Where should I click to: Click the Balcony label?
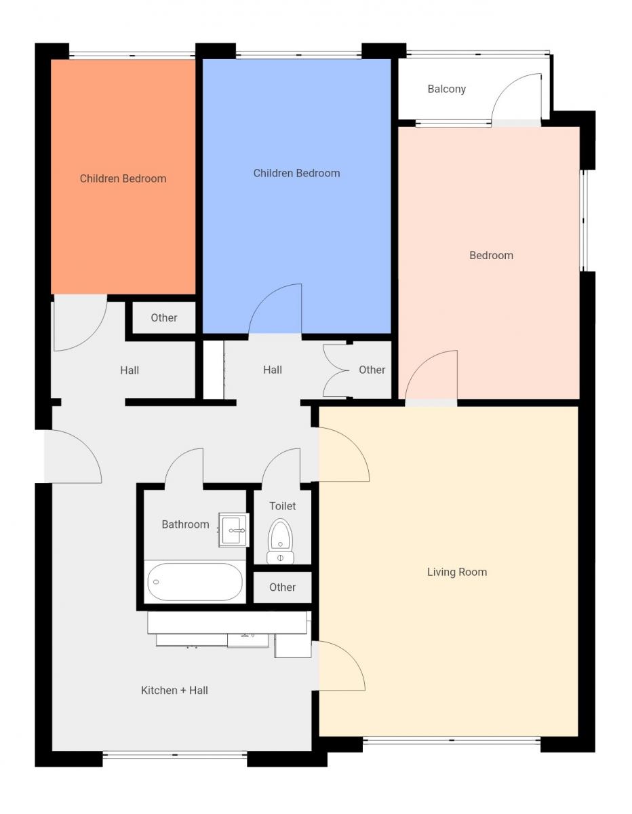tap(447, 89)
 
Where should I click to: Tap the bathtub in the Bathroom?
tap(195, 582)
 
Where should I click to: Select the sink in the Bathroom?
tap(234, 530)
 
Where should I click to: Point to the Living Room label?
tap(457, 572)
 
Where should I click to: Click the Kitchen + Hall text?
tap(174, 691)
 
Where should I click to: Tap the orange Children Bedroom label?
tap(123, 178)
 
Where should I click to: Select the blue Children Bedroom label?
tap(296, 173)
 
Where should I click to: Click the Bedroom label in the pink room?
tap(491, 256)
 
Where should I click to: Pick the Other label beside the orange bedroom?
tap(164, 317)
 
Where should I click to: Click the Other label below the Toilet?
tap(282, 587)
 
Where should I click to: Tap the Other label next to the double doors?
tap(372, 370)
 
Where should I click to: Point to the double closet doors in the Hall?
tap(336, 370)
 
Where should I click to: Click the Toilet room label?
tap(282, 506)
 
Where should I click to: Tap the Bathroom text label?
tap(185, 524)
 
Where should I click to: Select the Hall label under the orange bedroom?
tap(130, 370)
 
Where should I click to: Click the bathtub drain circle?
tap(156, 582)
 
